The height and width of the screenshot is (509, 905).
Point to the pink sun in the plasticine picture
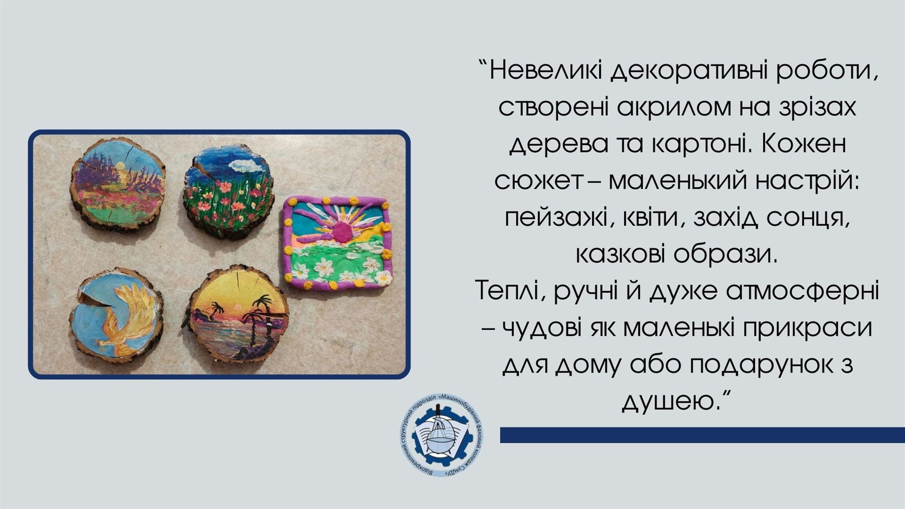point(341,230)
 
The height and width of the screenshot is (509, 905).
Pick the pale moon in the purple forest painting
point(121,166)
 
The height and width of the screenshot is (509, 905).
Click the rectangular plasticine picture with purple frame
point(338,243)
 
